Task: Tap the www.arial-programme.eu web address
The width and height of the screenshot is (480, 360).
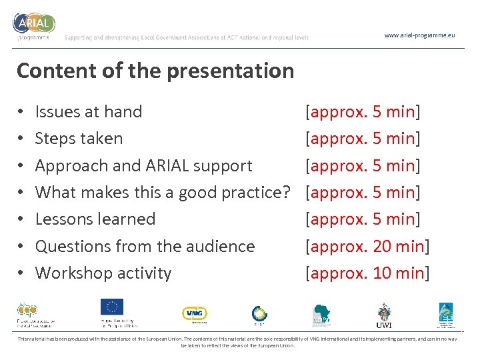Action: point(420,35)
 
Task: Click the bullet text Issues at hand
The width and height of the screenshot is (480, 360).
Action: point(89,112)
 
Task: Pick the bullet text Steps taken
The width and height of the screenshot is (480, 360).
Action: point(79,139)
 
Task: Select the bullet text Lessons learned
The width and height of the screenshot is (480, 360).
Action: point(95,219)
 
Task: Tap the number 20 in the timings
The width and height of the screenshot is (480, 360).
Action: point(382,246)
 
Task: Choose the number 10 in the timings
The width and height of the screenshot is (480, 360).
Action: point(382,273)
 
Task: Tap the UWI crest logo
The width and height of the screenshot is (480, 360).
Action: point(384,314)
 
